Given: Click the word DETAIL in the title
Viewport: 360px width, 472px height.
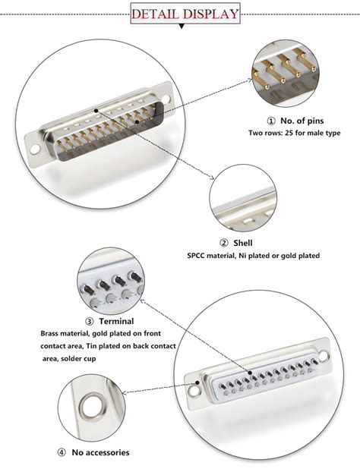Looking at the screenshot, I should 156,14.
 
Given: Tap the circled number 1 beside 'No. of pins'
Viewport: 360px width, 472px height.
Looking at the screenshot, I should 270,121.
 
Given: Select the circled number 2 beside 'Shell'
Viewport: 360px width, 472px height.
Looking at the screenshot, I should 224,243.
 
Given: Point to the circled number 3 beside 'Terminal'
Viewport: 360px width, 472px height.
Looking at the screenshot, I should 90,321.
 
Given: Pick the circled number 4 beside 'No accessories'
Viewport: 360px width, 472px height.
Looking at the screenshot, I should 61,453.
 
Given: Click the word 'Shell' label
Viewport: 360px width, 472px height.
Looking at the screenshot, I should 242,243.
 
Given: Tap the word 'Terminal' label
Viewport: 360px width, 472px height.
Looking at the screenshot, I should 116,321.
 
